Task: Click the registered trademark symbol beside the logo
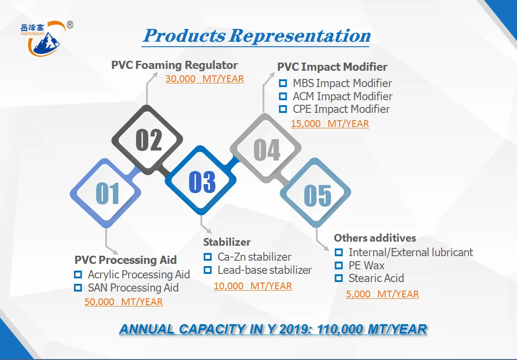point(70,25)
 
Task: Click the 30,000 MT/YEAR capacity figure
point(205,79)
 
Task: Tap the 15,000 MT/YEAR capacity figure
point(330,124)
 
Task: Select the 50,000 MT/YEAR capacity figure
point(123,302)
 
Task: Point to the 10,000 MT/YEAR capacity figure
point(253,286)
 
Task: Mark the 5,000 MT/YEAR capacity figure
point(382,294)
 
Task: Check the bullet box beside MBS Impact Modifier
point(283,83)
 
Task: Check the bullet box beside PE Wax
point(339,265)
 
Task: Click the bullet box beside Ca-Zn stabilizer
point(208,257)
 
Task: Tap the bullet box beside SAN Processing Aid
point(78,288)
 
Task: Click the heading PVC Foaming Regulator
point(175,65)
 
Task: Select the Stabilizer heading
point(227,242)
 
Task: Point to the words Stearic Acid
point(376,278)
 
